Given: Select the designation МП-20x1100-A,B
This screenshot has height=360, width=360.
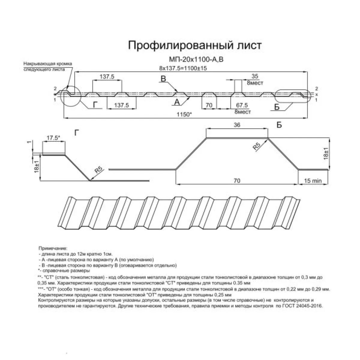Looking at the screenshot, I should click(x=195, y=60).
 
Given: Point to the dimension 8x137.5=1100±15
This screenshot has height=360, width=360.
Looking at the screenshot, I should click(x=183, y=68).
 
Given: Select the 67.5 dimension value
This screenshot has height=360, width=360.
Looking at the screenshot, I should click(x=242, y=105).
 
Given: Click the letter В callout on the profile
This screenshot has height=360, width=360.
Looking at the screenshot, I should click(x=163, y=79).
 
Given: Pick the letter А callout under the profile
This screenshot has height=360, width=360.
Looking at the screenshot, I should click(x=177, y=102).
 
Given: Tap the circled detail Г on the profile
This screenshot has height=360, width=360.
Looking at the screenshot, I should click(x=71, y=96).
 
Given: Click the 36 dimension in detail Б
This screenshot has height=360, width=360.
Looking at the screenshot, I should click(x=237, y=125).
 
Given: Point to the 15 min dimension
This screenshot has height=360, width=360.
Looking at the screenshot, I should click(x=313, y=181).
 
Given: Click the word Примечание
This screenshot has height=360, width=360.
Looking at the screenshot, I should click(x=53, y=249).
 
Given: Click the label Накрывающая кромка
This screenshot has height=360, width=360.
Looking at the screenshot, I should click(x=47, y=64).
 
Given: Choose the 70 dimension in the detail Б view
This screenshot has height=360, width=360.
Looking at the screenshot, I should click(x=237, y=181).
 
